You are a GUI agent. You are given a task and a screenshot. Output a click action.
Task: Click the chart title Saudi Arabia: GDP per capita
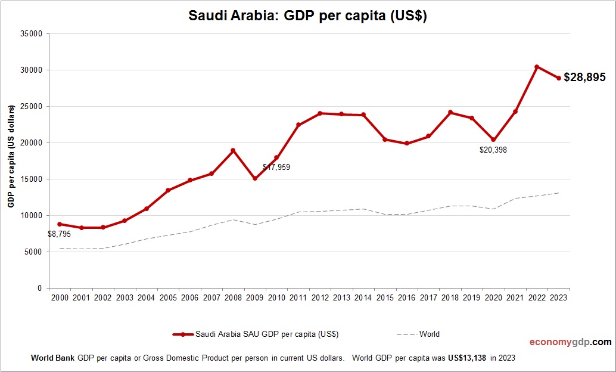[x=307, y=16]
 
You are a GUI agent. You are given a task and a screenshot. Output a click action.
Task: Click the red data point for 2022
[x=537, y=67]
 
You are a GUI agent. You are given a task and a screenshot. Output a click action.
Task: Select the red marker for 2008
[x=233, y=150]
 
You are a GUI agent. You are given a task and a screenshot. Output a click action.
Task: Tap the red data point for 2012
[x=320, y=113]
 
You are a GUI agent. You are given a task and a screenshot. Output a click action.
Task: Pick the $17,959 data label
[x=276, y=168]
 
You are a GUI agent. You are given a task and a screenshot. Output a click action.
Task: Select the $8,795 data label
[x=59, y=234]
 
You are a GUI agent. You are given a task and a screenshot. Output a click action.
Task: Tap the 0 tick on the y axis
[x=39, y=289]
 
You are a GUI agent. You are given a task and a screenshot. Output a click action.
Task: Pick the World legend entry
[x=429, y=334]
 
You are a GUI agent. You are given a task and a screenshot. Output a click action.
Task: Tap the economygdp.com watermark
[x=571, y=342]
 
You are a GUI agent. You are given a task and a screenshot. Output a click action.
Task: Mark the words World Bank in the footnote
[x=52, y=358]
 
